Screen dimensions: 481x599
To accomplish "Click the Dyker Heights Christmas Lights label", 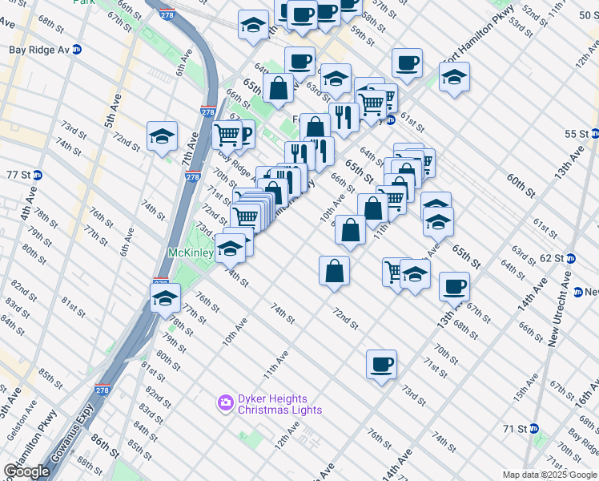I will point(280,404).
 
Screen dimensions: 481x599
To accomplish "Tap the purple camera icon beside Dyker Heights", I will point(226,401).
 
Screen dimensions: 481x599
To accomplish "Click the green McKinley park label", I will point(189,253).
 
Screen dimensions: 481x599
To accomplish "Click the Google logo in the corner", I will point(28,471).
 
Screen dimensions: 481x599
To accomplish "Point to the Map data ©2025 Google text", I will point(549,475).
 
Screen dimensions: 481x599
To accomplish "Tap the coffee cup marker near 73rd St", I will point(382,365).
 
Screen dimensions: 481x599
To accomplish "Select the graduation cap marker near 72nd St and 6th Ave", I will point(162,137).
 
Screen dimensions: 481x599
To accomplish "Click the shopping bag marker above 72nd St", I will point(334,271).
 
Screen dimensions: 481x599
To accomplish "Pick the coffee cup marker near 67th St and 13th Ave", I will point(454,286).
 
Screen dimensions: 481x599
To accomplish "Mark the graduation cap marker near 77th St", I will point(165,298).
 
